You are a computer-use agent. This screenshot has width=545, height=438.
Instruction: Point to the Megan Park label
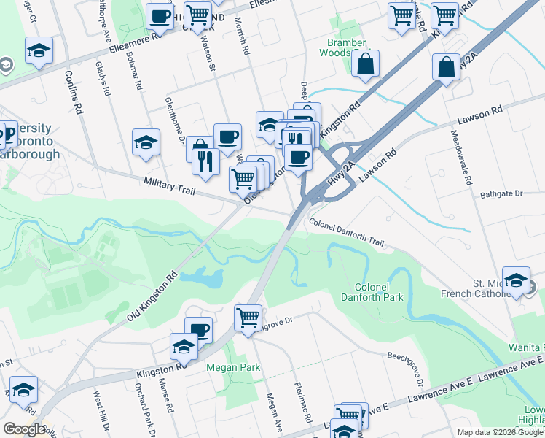(x=227, y=367)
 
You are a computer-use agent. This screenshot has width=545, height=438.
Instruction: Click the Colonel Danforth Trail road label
(x=345, y=234)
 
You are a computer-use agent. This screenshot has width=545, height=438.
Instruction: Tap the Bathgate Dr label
(x=502, y=194)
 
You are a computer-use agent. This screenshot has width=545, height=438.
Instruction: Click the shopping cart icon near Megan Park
(x=248, y=318)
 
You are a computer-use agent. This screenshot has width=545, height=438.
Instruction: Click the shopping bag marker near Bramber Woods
(x=365, y=64)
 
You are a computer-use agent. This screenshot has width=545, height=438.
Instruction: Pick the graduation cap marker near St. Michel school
(x=516, y=281)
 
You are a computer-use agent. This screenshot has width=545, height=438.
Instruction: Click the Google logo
(x=24, y=429)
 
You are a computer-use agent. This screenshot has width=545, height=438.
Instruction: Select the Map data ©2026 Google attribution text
(x=499, y=432)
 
